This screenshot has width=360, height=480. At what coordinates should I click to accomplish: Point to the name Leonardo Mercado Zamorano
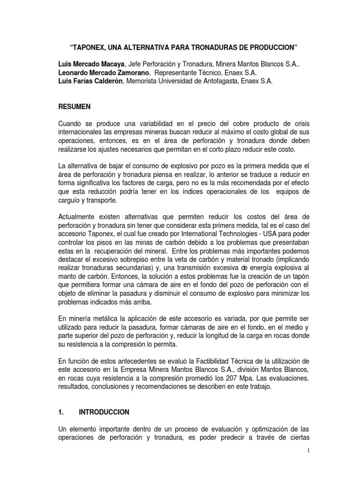point(103,73)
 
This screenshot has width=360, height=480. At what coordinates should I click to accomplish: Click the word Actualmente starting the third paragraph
point(78,217)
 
